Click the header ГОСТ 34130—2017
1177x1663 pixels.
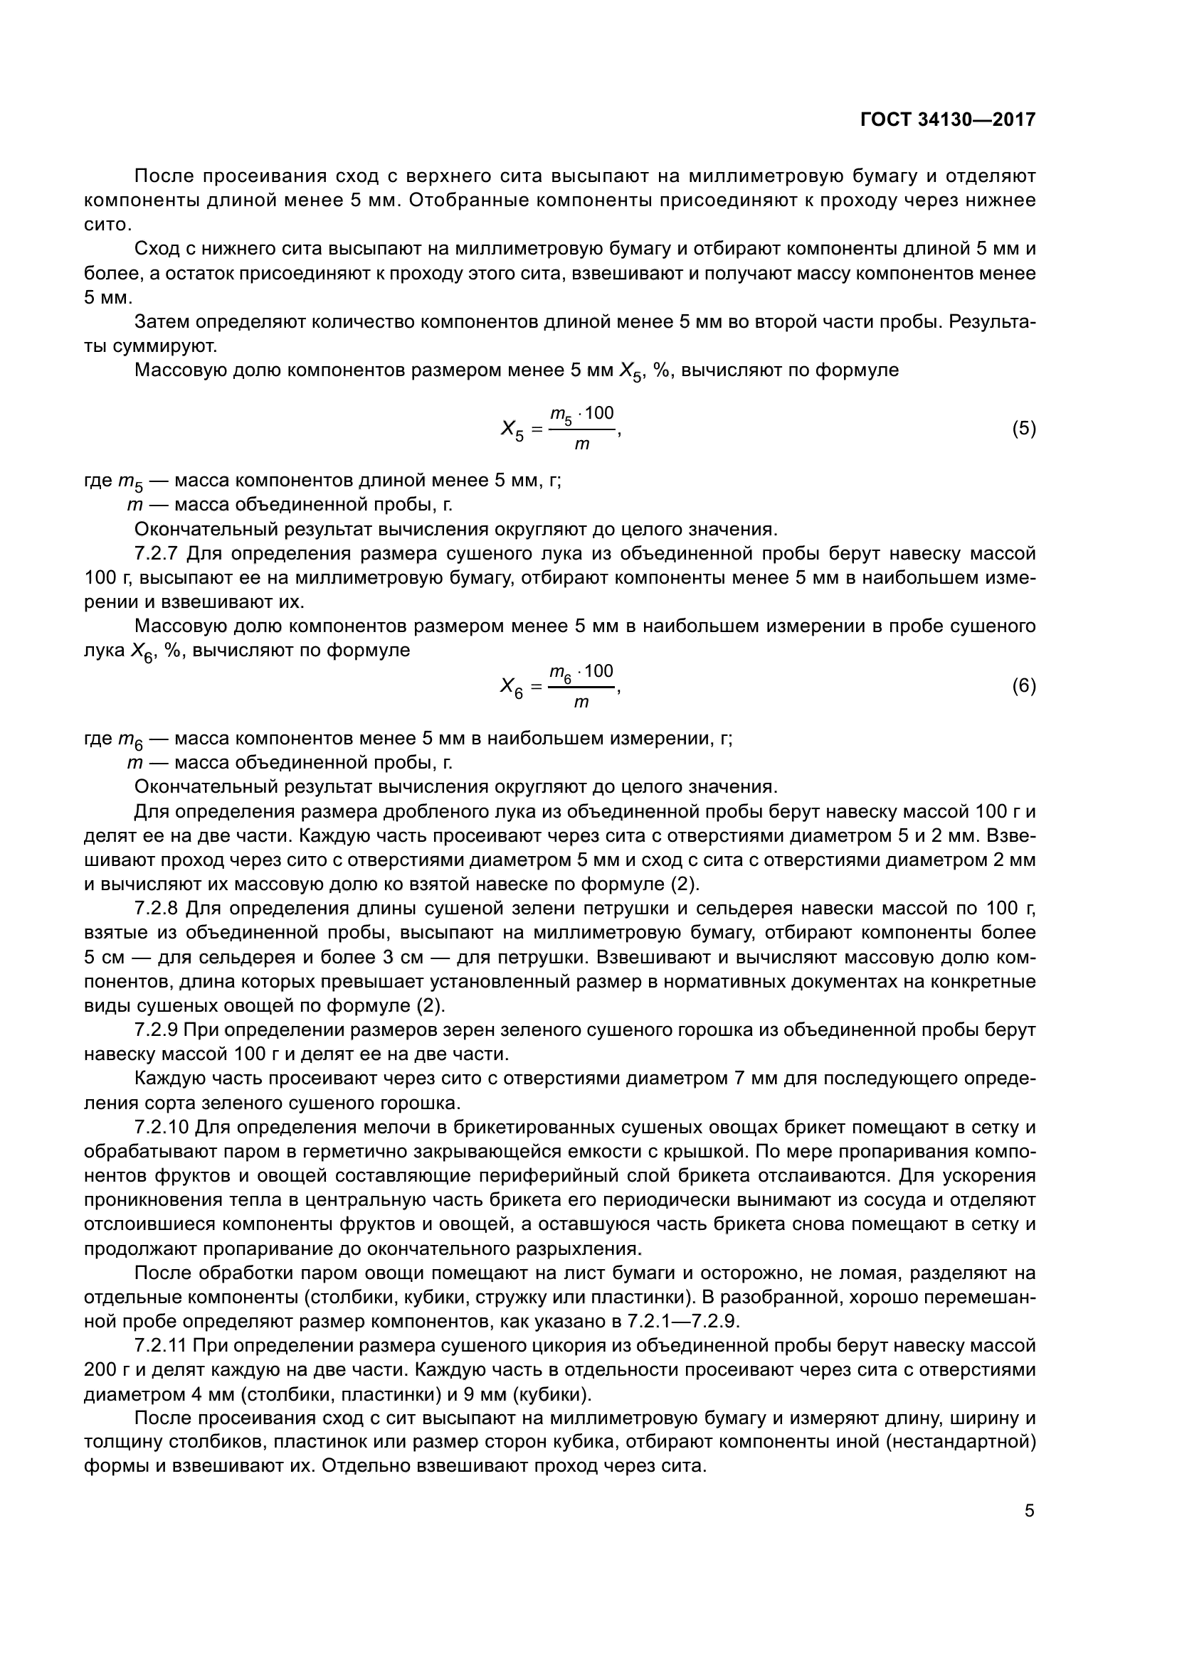coord(948,119)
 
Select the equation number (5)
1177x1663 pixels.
coord(1023,429)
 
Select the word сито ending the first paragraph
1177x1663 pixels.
coord(106,225)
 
